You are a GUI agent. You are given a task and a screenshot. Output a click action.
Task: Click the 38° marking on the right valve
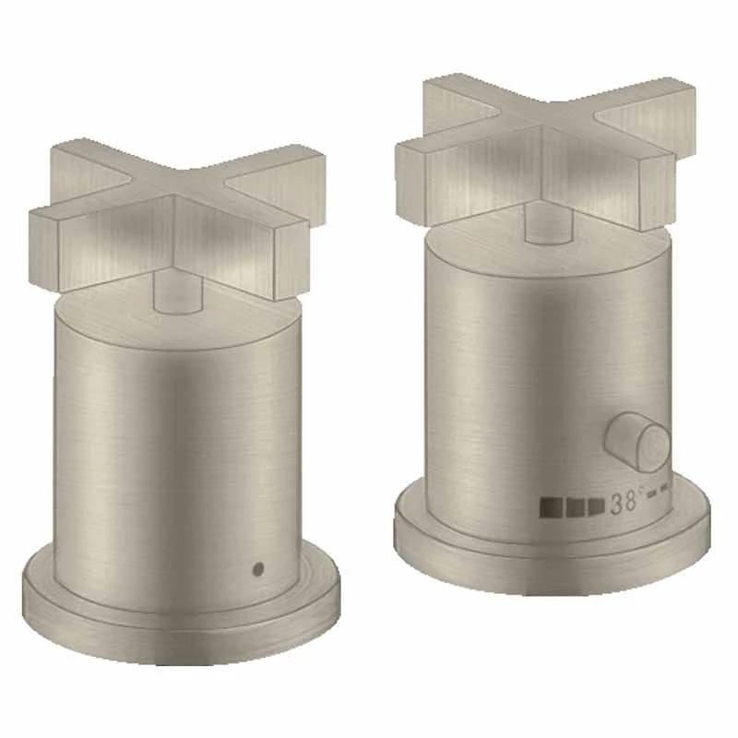[x=626, y=504]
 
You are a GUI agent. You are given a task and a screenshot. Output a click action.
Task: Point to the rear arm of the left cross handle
[x=88, y=157]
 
